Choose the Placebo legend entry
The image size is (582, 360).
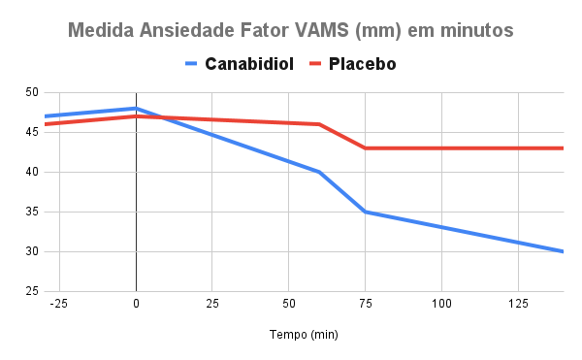pos(361,65)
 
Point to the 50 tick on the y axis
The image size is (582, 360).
pos(32,92)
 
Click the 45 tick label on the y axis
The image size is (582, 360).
pos(32,132)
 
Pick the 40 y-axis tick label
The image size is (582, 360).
pos(32,172)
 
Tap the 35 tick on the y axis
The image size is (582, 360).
pos(32,212)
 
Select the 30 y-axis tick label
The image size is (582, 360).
pos(32,251)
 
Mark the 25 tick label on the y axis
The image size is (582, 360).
pos(32,291)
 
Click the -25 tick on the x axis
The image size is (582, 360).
pos(59,304)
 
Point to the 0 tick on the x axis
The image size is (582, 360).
pos(136,304)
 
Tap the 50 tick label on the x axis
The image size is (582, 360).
pos(288,304)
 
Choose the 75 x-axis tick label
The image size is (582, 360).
pos(365,304)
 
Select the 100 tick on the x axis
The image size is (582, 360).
pos(441,304)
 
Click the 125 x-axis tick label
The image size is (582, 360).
pos(517,304)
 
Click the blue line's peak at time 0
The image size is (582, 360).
pos(136,108)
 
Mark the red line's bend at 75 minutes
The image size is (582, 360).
pos(365,148)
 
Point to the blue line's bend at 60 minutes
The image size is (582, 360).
pos(319,172)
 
